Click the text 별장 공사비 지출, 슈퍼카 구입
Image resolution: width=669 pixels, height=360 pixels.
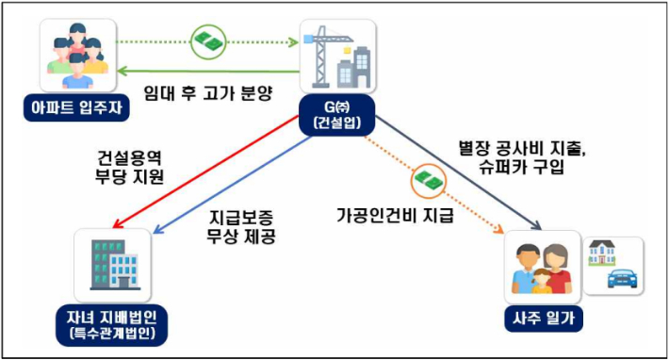(x=519, y=158)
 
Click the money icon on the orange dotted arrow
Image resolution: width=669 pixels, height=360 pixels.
(x=427, y=179)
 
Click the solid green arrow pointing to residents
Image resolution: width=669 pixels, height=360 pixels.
(x=207, y=69)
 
